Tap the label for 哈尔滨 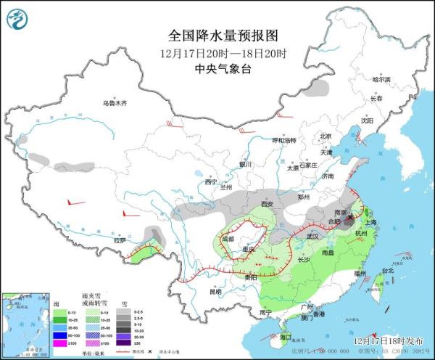coord(381,78)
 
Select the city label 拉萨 coord(120,240)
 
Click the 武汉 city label coord(313,236)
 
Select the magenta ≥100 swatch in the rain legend coord(59,343)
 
